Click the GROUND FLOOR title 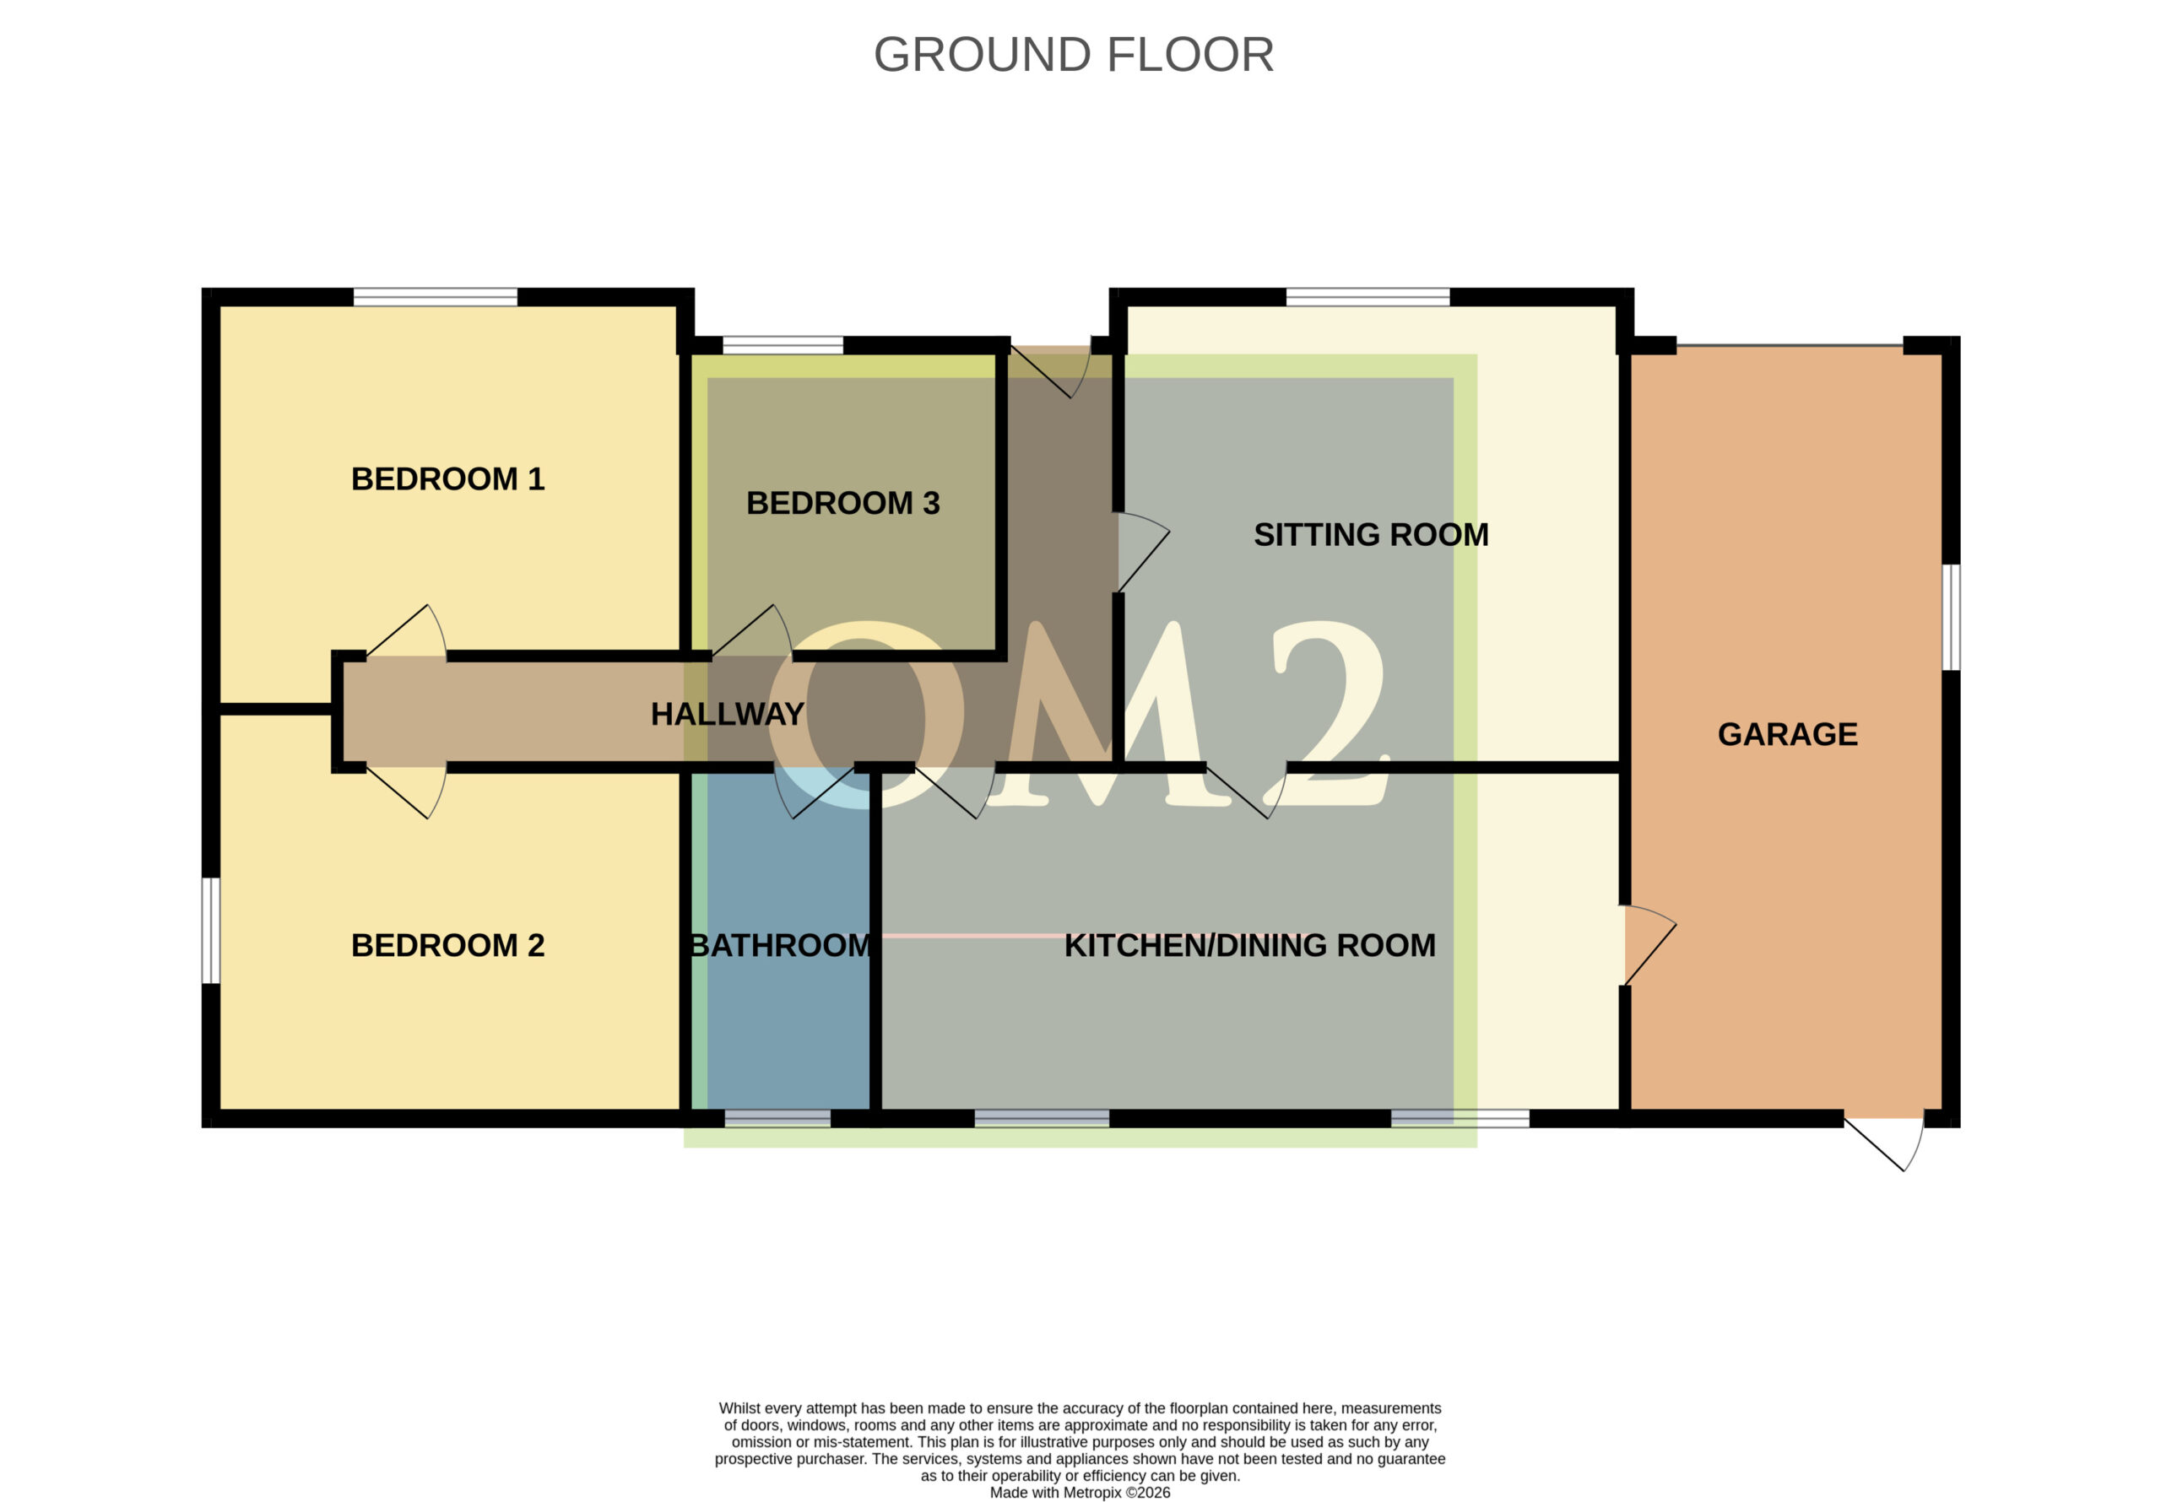pyautogui.click(x=1074, y=55)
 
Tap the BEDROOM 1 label pyautogui.click(x=448, y=479)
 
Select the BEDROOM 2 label pyautogui.click(x=448, y=945)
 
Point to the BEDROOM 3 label pyautogui.click(x=843, y=504)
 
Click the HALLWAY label pyautogui.click(x=728, y=715)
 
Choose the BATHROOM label pyautogui.click(x=781, y=945)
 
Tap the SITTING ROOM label pyautogui.click(x=1372, y=534)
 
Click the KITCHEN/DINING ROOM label pyautogui.click(x=1250, y=945)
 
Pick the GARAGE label pyautogui.click(x=1787, y=734)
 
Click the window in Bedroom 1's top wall pyautogui.click(x=436, y=297)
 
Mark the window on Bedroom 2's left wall pyautogui.click(x=212, y=931)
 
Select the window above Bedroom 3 pyautogui.click(x=783, y=345)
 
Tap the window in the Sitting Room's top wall pyautogui.click(x=1368, y=297)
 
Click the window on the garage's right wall pyautogui.click(x=1952, y=618)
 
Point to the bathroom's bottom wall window pyautogui.click(x=777, y=1118)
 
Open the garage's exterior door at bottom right pyautogui.click(x=1883, y=1143)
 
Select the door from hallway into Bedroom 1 pyautogui.click(x=407, y=631)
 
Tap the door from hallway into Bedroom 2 pyautogui.click(x=407, y=792)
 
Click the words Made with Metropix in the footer pyautogui.click(x=1057, y=1493)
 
